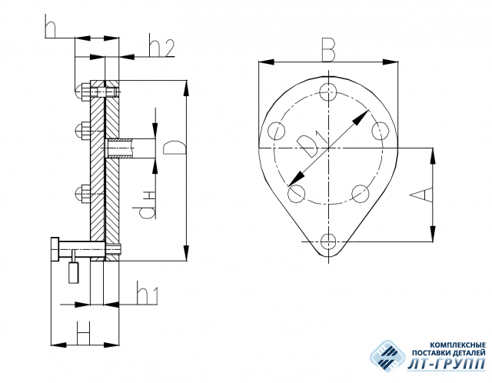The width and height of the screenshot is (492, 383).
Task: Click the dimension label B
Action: [x=328, y=50]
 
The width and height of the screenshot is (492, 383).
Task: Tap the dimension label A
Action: [x=421, y=195]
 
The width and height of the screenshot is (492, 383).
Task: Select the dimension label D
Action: [x=175, y=147]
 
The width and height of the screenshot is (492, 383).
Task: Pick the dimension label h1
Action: [x=147, y=293]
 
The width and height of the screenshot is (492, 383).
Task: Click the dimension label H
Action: [x=84, y=332]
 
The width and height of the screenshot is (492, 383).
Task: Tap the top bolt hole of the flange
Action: [x=328, y=92]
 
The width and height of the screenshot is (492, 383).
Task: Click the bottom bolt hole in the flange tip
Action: [x=328, y=241]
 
